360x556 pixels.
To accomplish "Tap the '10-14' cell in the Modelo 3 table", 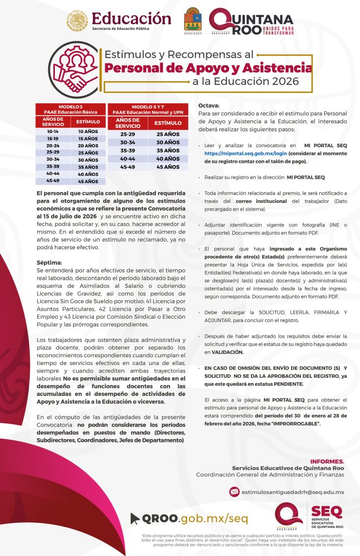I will pyautogui.click(x=53, y=131).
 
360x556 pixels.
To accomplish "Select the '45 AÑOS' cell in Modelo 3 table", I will pyautogui.click(x=88, y=181).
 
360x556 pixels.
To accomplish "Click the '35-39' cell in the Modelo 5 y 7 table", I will pyautogui.click(x=128, y=150).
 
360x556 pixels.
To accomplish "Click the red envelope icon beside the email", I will pyautogui.click(x=234, y=492).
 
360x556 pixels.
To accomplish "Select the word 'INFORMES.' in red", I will pyautogui.click(x=326, y=461).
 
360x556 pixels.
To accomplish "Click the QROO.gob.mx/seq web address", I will pyautogui.click(x=190, y=518).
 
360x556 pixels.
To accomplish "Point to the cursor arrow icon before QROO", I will pyautogui.click(x=135, y=518).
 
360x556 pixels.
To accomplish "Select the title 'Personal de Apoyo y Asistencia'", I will pyautogui.click(x=209, y=68).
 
